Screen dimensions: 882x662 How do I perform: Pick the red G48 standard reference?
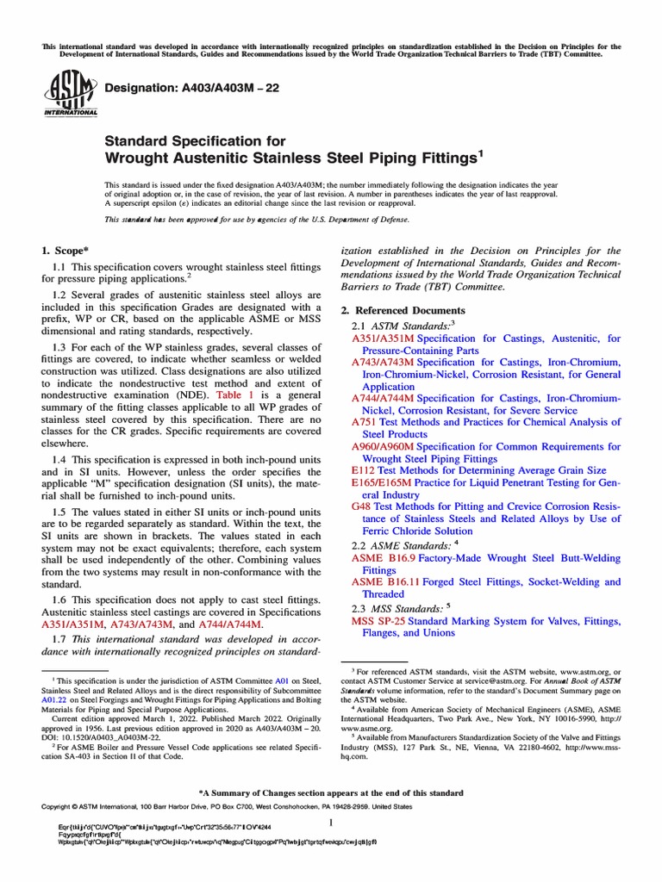[x=361, y=507]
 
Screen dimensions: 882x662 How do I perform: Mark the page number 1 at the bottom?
[x=331, y=823]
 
